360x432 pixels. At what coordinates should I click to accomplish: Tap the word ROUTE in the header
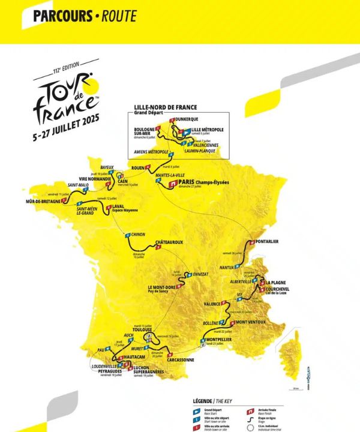[118, 16]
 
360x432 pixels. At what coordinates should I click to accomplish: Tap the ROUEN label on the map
[140, 167]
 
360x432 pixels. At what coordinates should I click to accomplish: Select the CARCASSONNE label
[180, 360]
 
